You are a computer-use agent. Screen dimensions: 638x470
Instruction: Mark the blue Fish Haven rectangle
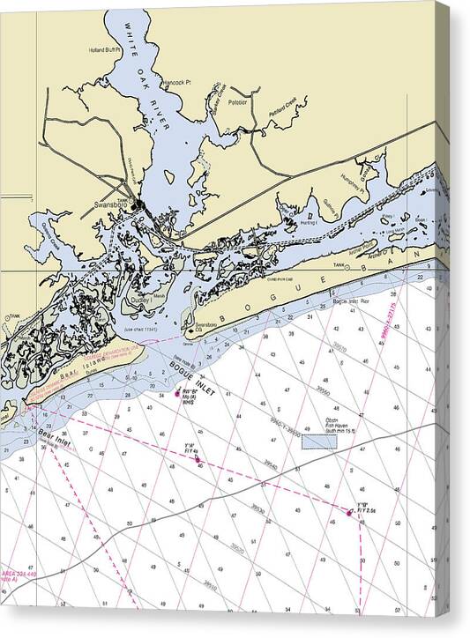tap(319, 440)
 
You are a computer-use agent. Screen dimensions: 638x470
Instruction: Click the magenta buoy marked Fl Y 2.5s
tap(352, 512)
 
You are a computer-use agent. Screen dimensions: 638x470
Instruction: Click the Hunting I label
tap(306, 224)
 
